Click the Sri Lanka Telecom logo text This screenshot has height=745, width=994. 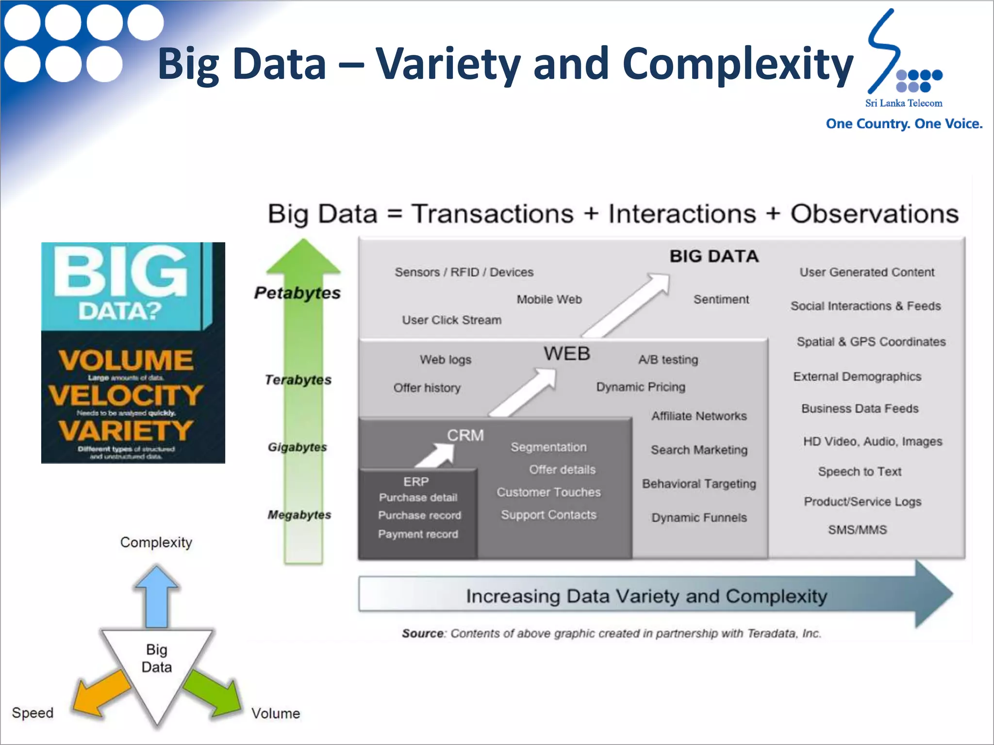(x=903, y=103)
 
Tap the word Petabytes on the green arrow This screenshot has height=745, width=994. (x=297, y=293)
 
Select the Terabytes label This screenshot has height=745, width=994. (x=298, y=380)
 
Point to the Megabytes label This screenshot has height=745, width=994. (x=299, y=515)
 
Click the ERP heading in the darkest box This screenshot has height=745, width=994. (x=416, y=482)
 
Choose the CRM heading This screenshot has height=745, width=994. (x=465, y=435)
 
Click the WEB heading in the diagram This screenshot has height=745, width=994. (x=566, y=354)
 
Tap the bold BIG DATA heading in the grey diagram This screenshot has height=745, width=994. (x=713, y=256)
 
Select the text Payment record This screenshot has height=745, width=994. (x=418, y=534)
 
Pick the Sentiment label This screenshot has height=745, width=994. (x=721, y=299)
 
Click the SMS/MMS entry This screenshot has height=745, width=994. (x=857, y=530)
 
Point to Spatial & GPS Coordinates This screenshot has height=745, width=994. (x=871, y=341)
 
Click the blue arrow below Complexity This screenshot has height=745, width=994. (x=157, y=597)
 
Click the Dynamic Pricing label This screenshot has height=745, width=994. (x=641, y=387)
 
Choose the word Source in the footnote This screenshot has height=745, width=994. (x=423, y=633)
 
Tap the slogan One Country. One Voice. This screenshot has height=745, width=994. (x=904, y=124)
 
